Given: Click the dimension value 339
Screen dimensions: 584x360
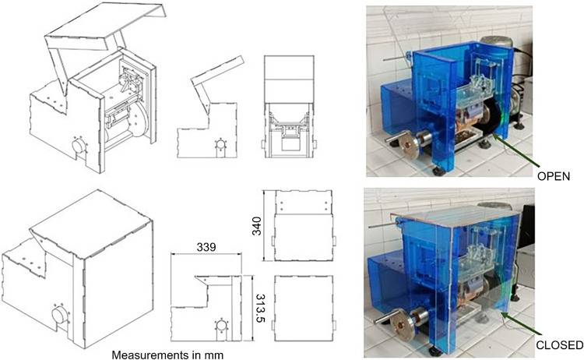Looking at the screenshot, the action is pyautogui.click(x=206, y=247).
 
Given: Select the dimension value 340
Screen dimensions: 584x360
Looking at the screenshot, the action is pyautogui.click(x=257, y=226).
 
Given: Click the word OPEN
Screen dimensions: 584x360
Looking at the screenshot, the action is pyautogui.click(x=554, y=177).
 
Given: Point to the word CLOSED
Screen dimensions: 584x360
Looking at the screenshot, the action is pyautogui.click(x=559, y=345).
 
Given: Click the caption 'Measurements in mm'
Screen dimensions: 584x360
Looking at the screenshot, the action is pyautogui.click(x=167, y=355).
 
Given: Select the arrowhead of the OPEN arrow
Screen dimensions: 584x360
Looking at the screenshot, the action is pyautogui.click(x=496, y=137).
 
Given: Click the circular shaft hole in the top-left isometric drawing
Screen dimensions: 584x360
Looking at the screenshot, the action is pyautogui.click(x=79, y=146).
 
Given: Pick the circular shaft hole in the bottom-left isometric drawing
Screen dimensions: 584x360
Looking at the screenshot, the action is pyautogui.click(x=60, y=316).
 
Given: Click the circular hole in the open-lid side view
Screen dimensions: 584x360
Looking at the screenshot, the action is pyautogui.click(x=220, y=144).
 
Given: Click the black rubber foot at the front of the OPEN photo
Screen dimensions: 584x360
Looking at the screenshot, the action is pyautogui.click(x=438, y=171).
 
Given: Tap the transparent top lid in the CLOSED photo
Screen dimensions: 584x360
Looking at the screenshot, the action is pyautogui.click(x=456, y=214).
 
